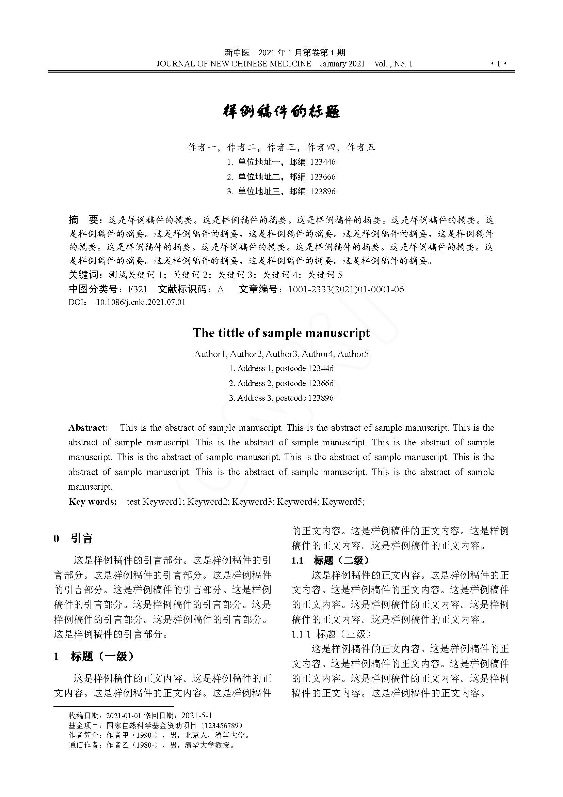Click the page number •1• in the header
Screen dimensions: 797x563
tap(499, 63)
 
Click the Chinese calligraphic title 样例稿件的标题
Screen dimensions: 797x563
tap(281, 111)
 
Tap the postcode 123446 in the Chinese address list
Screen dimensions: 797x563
tap(323, 162)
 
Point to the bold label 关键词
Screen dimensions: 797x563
tap(84, 275)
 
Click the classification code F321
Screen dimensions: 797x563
tap(137, 289)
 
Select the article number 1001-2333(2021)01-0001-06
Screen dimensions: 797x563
tap(346, 289)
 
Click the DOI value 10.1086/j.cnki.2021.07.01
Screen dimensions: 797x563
tap(141, 302)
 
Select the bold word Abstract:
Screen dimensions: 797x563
tap(89, 428)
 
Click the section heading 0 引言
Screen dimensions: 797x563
tap(73, 538)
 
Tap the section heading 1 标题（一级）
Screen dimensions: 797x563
tap(94, 656)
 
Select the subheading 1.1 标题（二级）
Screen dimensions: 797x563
tap(331, 560)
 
